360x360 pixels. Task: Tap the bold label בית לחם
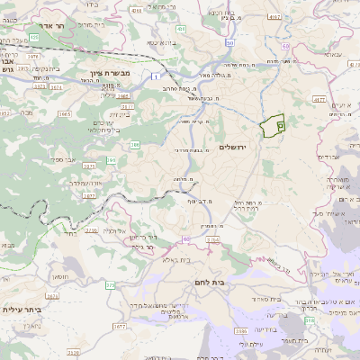pyautogui.click(x=209, y=282)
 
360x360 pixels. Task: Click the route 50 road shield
pyautogui.click(x=230, y=42)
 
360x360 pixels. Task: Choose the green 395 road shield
pyautogui.click(x=112, y=160)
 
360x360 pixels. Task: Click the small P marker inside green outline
pyautogui.click(x=280, y=127)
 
